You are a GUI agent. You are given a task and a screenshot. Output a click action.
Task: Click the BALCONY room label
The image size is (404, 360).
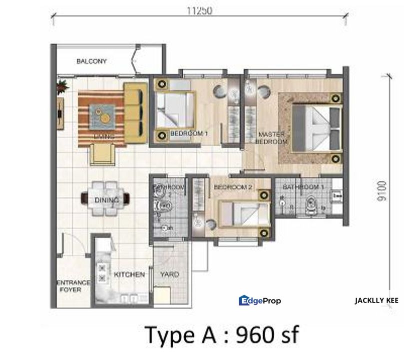[x=91, y=61]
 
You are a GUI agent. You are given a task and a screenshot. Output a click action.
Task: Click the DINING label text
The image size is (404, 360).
[x=106, y=200]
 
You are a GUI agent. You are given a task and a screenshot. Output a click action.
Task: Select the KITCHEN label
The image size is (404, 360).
[x=129, y=274]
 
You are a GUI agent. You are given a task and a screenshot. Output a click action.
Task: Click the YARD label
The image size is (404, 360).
[x=169, y=274]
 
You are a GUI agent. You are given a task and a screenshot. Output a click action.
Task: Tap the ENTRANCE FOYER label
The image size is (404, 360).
[x=74, y=285]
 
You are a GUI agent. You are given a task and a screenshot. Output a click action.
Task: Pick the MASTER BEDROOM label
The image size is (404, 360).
[x=271, y=138]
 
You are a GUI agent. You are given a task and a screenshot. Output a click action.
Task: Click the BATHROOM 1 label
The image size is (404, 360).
[x=300, y=187]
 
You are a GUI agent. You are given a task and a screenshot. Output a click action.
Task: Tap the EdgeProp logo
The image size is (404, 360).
[x=260, y=300]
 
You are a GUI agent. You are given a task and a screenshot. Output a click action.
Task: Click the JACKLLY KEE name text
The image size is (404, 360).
[x=376, y=300]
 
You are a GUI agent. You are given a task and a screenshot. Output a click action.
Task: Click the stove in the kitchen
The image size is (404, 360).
[x=103, y=272]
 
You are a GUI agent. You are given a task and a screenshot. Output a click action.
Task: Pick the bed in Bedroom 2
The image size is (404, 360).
[x=240, y=212]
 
